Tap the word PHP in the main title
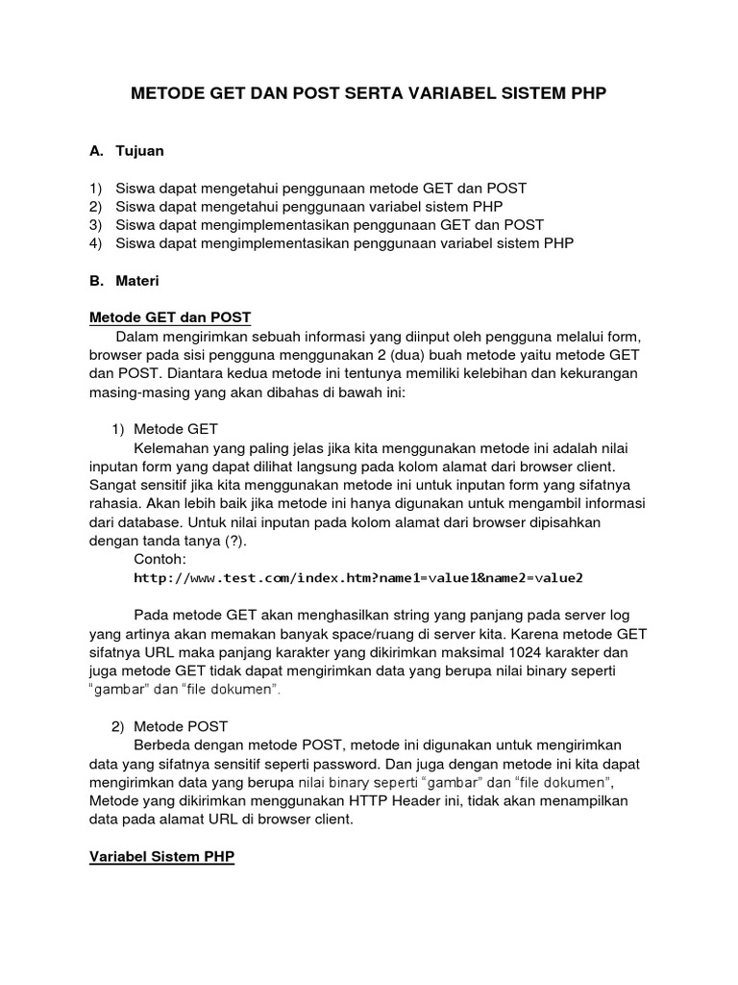pyautogui.click(x=587, y=93)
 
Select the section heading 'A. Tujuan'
pyautogui.click(x=127, y=151)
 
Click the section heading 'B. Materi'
pyautogui.click(x=124, y=281)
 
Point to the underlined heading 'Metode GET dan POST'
pyautogui.click(x=170, y=317)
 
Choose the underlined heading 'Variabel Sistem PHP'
pyautogui.click(x=161, y=856)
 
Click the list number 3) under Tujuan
pyautogui.click(x=95, y=225)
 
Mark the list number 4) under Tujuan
pyautogui.click(x=95, y=243)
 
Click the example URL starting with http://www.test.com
pyautogui.click(x=358, y=578)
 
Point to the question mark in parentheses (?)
pyautogui.click(x=233, y=541)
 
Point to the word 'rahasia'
pyautogui.click(x=115, y=504)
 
